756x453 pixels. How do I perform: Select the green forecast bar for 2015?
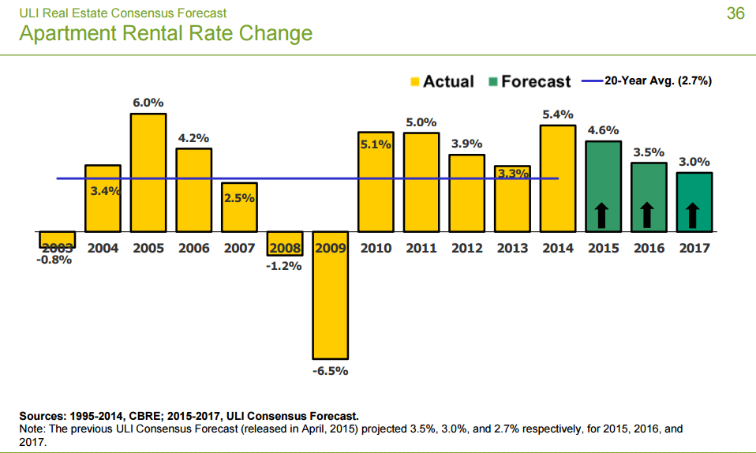(603, 187)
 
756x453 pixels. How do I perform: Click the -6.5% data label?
(331, 371)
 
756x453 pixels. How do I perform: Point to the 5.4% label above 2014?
(557, 114)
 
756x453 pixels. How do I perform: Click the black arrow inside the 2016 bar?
(648, 214)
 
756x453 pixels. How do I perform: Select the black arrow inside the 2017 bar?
(694, 214)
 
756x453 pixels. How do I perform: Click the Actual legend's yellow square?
(414, 81)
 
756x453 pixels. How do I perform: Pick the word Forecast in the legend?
(536, 81)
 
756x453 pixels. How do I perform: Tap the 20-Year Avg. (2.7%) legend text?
(658, 80)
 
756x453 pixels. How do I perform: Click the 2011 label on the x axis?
(421, 248)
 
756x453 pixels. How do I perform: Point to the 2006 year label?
(193, 248)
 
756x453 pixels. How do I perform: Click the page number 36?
(735, 13)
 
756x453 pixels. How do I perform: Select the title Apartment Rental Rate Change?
(165, 33)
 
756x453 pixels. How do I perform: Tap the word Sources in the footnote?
(43, 415)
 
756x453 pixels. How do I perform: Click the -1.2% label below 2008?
(285, 266)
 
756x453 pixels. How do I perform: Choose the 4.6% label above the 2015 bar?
(603, 130)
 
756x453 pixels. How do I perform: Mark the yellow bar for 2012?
(466, 193)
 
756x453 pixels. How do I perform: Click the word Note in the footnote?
(32, 429)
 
